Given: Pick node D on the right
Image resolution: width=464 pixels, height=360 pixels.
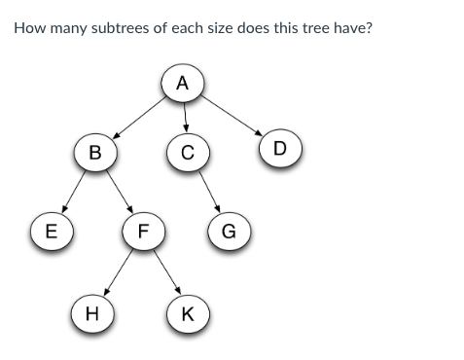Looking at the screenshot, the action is pyautogui.click(x=280, y=148).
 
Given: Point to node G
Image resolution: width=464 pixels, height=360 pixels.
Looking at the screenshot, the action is pyautogui.click(x=229, y=232).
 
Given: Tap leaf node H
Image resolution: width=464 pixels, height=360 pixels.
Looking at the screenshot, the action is pyautogui.click(x=91, y=314).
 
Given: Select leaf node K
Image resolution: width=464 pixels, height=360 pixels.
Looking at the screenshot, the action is pyautogui.click(x=187, y=314).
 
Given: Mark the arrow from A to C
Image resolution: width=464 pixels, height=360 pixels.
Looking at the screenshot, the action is pyautogui.click(x=184, y=117).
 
